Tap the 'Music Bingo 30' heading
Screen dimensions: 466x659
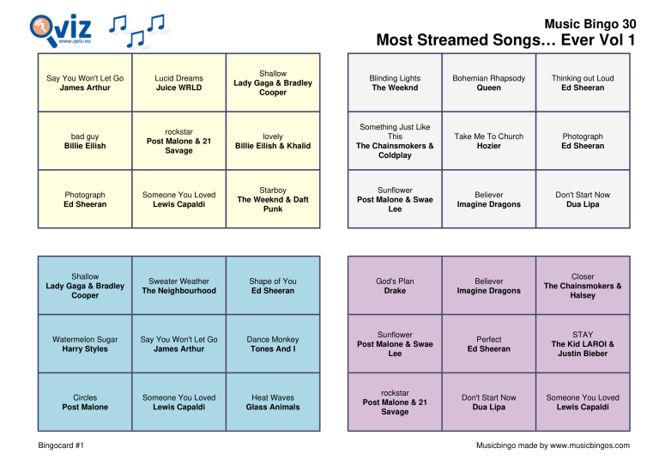pyautogui.click(x=589, y=24)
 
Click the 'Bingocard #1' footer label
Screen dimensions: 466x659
pyautogui.click(x=61, y=445)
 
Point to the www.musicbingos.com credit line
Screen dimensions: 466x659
pyautogui.click(x=553, y=445)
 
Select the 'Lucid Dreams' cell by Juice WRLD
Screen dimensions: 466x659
pyautogui.click(x=178, y=82)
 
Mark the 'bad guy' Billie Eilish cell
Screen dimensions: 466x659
pyautogui.click(x=85, y=141)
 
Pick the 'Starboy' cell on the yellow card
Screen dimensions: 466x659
pyautogui.click(x=273, y=199)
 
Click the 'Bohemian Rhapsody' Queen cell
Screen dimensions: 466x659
pyautogui.click(x=488, y=82)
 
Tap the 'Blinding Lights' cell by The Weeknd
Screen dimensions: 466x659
pyautogui.click(x=395, y=82)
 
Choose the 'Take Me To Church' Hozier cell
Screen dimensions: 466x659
pyautogui.click(x=488, y=141)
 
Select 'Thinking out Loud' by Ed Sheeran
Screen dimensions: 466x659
pyautogui.click(x=583, y=82)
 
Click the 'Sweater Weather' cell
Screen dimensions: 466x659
pyautogui.click(x=178, y=286)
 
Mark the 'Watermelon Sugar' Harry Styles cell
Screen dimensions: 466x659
pyautogui.click(x=85, y=344)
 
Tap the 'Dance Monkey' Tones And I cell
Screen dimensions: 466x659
pyautogui.click(x=273, y=344)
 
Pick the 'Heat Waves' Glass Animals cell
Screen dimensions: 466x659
pyautogui.click(x=273, y=402)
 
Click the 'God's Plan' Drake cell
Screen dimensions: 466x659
pyautogui.click(x=395, y=286)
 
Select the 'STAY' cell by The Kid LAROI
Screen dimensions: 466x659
pyautogui.click(x=583, y=344)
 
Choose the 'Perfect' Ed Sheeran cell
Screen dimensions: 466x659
pyautogui.click(x=488, y=344)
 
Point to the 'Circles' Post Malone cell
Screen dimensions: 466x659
pyautogui.click(x=85, y=402)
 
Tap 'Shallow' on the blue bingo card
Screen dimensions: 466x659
pyautogui.click(x=85, y=286)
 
